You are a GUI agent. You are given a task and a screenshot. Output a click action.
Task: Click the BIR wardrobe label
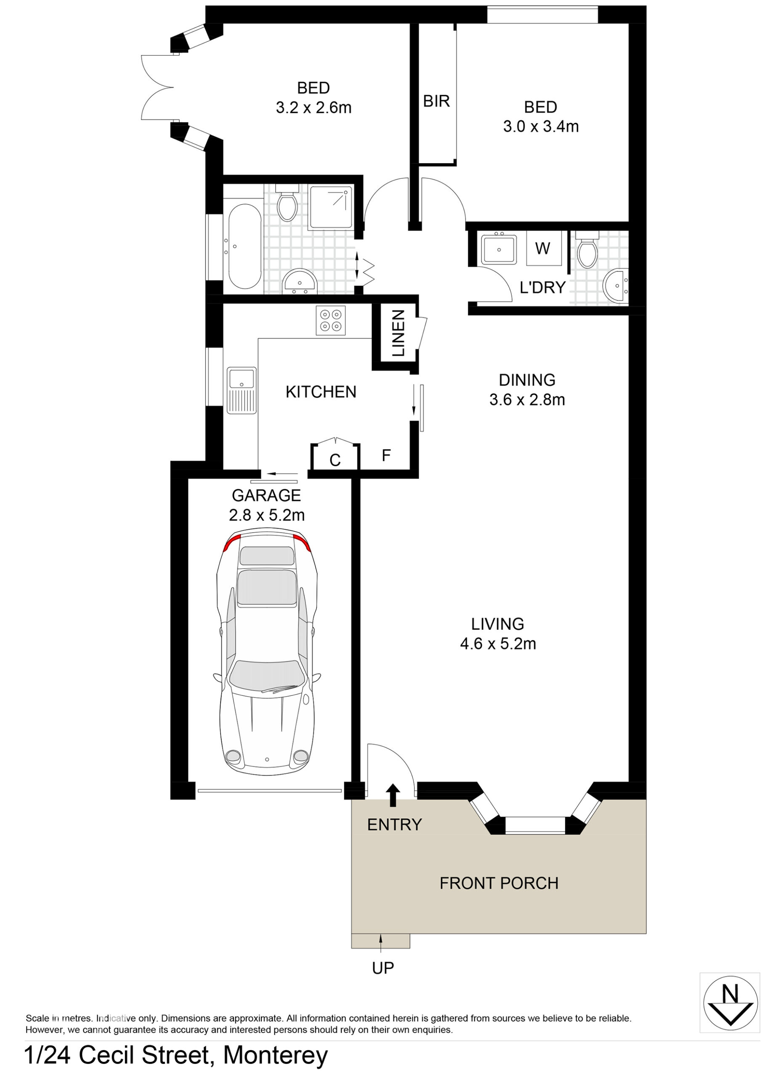(436, 101)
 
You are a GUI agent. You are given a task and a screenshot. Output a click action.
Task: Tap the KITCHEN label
(321, 392)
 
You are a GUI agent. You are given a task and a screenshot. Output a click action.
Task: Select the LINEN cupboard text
(398, 333)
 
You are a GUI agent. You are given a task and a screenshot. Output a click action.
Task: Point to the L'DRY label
(542, 287)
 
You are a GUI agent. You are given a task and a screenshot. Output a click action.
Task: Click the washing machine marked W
(544, 248)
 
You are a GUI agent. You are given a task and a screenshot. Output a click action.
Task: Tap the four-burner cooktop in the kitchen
(330, 321)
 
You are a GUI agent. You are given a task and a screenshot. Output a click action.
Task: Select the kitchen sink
(242, 390)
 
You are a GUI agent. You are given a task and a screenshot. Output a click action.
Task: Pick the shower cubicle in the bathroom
(332, 208)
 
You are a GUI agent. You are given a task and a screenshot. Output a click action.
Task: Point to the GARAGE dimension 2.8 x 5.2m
(266, 515)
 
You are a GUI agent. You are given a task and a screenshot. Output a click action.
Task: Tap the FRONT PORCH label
(499, 883)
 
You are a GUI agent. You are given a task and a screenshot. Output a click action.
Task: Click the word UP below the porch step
(383, 968)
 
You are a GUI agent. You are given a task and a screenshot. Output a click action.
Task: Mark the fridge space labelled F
(385, 456)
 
